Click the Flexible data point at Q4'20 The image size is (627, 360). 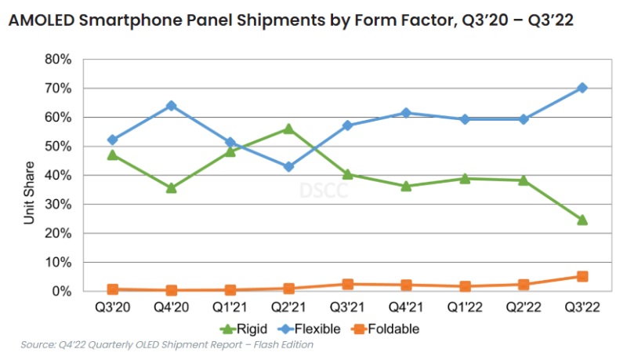[x=171, y=105]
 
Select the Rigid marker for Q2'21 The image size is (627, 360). [x=288, y=129]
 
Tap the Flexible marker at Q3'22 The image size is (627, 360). [x=582, y=88]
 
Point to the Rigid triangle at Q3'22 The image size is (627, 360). [x=582, y=220]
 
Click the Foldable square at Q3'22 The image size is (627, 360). [x=582, y=276]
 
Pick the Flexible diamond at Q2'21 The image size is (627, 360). [x=288, y=166]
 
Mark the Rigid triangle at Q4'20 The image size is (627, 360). [x=171, y=187]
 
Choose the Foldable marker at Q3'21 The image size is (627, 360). [x=347, y=284]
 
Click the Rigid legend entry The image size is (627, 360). [x=238, y=329]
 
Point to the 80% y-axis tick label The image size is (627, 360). [x=59, y=59]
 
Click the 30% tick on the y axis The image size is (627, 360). [x=59, y=204]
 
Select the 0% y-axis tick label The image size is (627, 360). [x=62, y=291]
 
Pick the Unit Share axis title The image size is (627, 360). [x=29, y=193]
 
